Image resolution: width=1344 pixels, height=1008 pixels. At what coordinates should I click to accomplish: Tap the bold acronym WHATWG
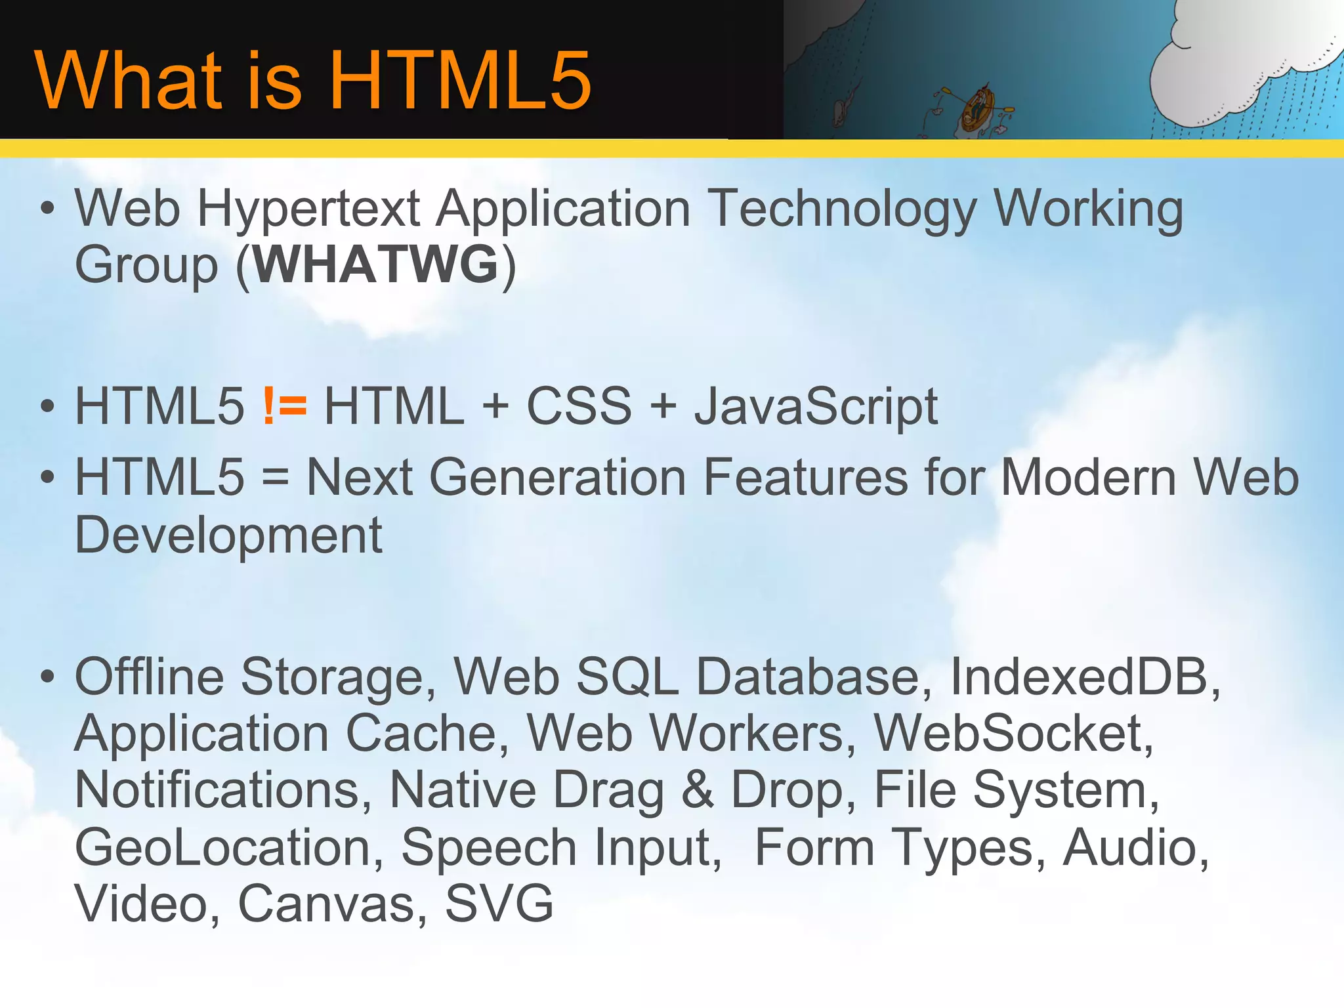click(x=376, y=264)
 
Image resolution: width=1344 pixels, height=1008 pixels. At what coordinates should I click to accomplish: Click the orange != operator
click(x=284, y=406)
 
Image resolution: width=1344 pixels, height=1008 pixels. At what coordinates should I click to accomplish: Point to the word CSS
click(x=579, y=406)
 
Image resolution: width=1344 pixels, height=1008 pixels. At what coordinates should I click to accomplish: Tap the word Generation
click(x=557, y=477)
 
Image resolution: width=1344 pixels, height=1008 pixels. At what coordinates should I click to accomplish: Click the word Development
click(x=228, y=535)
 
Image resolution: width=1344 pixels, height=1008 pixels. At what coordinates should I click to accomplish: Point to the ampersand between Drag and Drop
click(x=697, y=790)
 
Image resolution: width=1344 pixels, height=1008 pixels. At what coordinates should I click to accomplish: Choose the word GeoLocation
click(x=223, y=847)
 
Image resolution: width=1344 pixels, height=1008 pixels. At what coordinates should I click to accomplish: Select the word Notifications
click(x=217, y=790)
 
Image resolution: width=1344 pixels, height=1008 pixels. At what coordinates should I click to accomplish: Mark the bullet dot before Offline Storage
click(x=47, y=676)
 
